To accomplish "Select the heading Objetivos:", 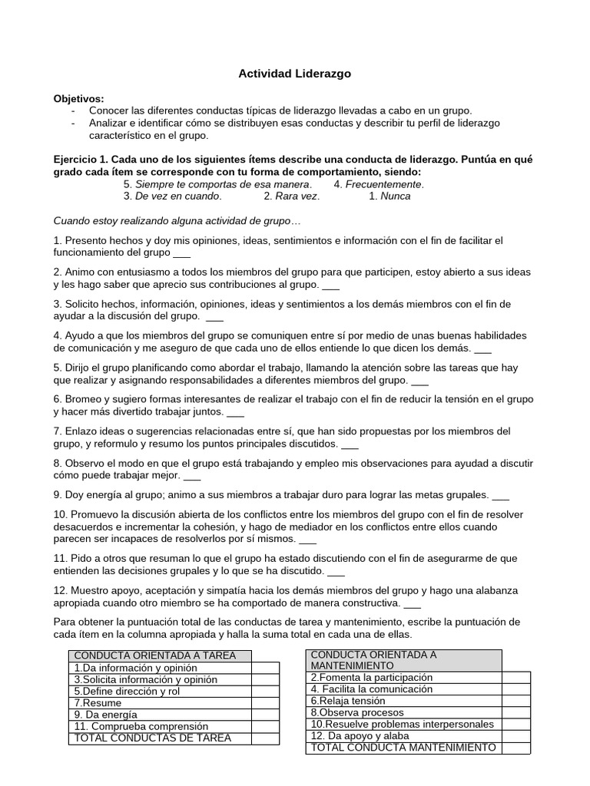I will click(78, 99).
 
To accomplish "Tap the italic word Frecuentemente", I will click(384, 184).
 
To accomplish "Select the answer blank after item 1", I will click(182, 253).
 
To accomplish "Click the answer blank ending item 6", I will click(236, 412).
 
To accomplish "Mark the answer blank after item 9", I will click(500, 494).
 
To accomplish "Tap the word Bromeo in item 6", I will click(83, 399).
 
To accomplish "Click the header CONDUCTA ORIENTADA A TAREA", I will click(161, 656).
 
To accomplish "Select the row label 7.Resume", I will click(98, 702).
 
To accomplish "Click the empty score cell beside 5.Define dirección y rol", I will click(264, 691).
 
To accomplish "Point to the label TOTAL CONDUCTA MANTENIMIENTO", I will click(403, 748).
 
